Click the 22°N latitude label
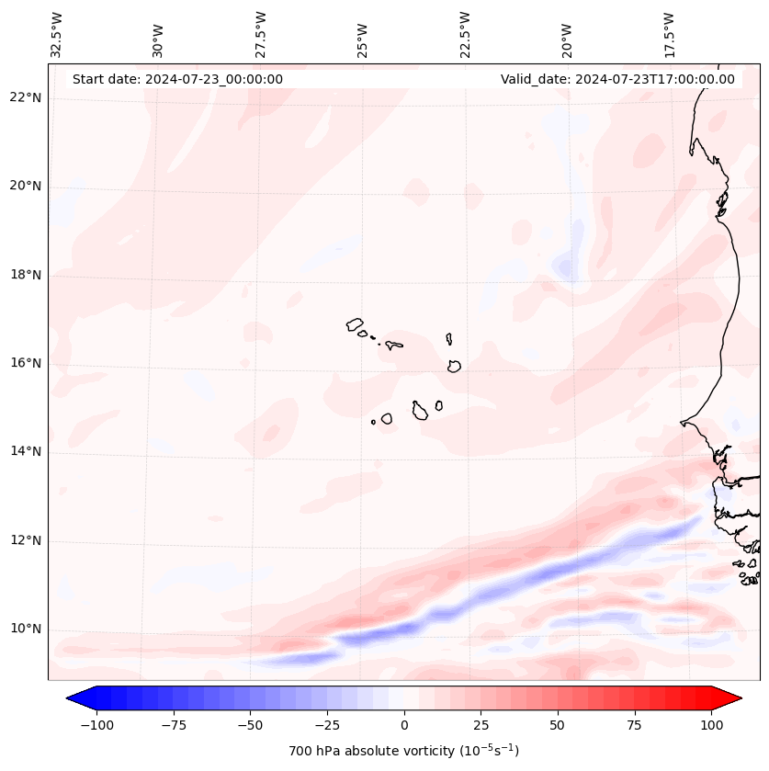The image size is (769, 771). pos(27,98)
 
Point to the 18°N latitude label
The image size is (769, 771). pos(27,276)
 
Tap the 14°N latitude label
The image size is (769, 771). pos(27,452)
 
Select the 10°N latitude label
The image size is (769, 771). pos(27,629)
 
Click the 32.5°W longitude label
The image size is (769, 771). pos(57,35)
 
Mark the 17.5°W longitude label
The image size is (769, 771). pos(669,35)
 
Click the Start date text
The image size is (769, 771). pos(177,79)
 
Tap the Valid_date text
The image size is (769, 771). pos(617,79)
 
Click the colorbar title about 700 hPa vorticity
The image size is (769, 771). pos(403,751)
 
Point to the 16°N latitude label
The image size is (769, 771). pos(27,364)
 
